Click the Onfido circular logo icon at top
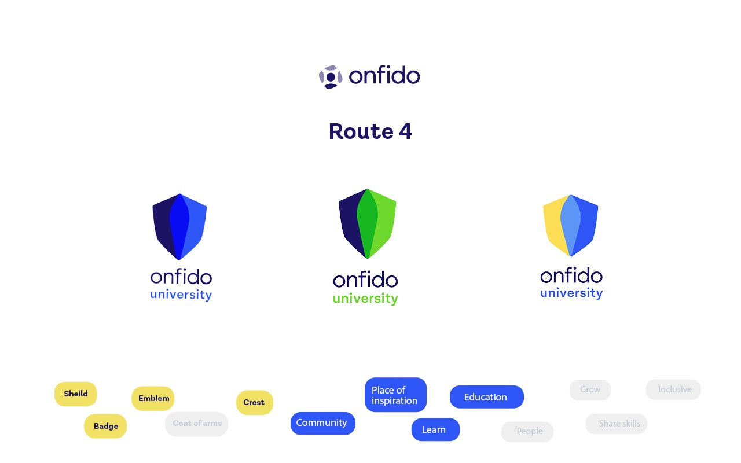click(331, 77)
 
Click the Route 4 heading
click(370, 131)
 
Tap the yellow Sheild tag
click(76, 394)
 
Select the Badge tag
click(105, 427)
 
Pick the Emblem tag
click(153, 398)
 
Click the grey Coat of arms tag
click(197, 424)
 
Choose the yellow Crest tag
click(254, 403)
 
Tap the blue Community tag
click(322, 423)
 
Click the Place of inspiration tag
click(395, 395)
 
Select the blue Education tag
click(486, 397)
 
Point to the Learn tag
click(435, 429)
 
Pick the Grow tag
click(590, 390)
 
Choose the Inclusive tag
click(673, 389)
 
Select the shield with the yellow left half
click(570, 226)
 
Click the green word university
click(365, 299)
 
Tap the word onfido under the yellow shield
click(571, 275)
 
